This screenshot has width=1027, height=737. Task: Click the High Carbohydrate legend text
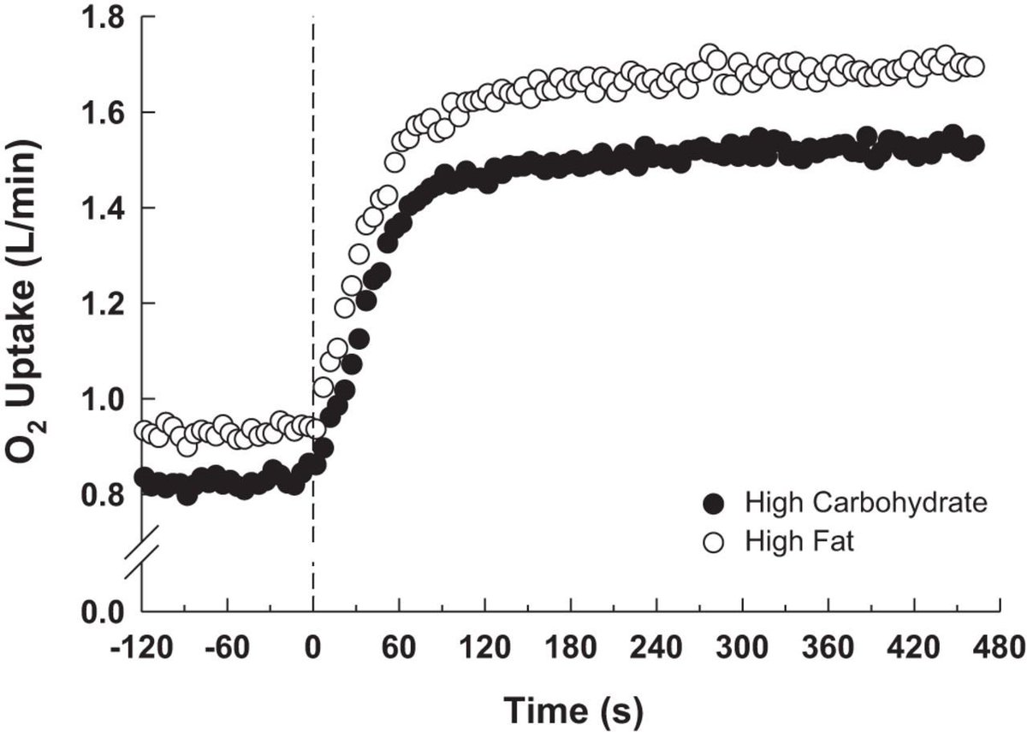click(865, 502)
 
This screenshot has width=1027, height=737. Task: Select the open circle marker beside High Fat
click(713, 541)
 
